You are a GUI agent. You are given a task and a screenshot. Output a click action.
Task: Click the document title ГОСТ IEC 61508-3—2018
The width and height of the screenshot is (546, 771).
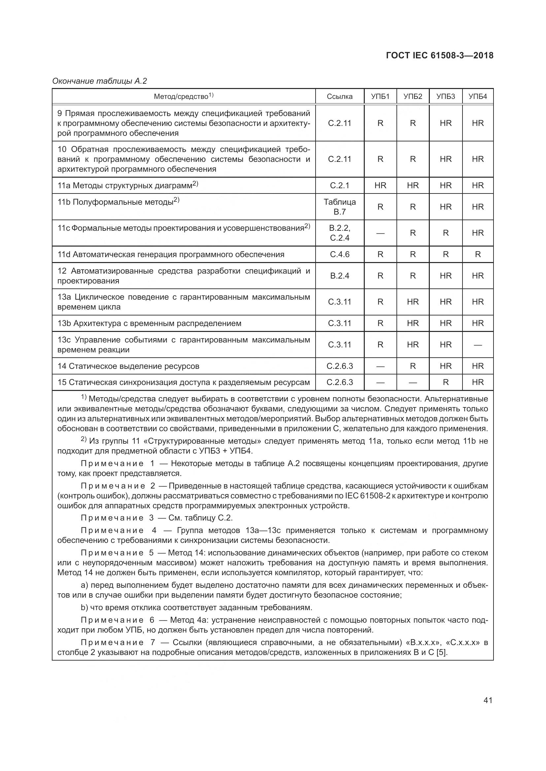[440, 55]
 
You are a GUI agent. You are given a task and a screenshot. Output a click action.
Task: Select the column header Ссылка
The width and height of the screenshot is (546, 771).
[340, 97]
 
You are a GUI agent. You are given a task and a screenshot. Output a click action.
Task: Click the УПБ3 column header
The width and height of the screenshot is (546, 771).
[445, 97]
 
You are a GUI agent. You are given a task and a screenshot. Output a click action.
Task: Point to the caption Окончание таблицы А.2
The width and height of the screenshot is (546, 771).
[99, 81]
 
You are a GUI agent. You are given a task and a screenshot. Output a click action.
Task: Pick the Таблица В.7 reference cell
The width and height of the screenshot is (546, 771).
[340, 207]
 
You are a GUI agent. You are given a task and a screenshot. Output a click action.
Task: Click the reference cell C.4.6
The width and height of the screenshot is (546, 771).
[340, 254]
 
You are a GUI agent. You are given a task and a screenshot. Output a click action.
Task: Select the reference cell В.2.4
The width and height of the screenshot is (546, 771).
[340, 276]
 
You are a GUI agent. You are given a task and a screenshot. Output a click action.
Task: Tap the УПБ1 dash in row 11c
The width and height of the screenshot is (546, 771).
[380, 233]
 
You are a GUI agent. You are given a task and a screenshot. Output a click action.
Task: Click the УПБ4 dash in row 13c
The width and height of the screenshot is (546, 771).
[478, 345]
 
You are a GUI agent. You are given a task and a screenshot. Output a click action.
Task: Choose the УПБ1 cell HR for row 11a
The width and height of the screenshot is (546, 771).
[380, 185]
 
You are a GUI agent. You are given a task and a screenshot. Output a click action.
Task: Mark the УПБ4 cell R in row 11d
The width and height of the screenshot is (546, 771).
[478, 254]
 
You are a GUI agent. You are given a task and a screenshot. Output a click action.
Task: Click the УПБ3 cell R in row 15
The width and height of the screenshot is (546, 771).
[445, 382]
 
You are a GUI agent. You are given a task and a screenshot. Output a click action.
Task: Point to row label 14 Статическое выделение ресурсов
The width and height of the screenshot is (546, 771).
[128, 366]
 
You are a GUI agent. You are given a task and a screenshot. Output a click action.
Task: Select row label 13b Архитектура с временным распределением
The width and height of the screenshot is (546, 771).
[149, 323]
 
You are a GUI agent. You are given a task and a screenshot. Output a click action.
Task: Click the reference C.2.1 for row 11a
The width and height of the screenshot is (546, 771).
[340, 185]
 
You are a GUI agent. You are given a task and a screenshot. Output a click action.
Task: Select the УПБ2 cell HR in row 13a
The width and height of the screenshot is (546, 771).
[413, 302]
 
